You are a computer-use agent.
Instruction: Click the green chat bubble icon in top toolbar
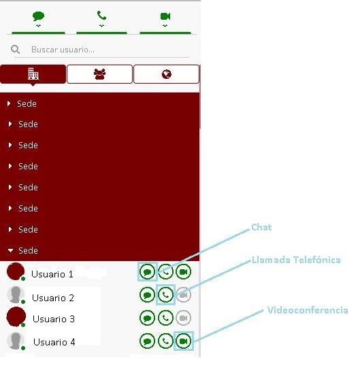tap(38, 16)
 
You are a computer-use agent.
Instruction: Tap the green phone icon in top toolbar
tap(101, 16)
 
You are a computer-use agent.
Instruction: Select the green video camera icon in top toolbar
tap(165, 16)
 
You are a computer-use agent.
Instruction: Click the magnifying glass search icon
tap(16, 50)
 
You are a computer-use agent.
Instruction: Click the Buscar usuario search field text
tap(63, 50)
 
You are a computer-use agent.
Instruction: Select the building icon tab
tap(33, 74)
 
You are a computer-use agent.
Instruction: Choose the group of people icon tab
tap(99, 74)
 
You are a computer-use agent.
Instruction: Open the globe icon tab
tap(166, 74)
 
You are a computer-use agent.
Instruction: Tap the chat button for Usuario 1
tap(147, 272)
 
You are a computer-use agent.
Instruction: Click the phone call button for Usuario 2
tap(165, 294)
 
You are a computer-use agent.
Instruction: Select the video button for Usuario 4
tap(184, 341)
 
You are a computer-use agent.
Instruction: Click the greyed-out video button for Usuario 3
tap(184, 318)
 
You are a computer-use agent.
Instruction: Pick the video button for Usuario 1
tap(184, 272)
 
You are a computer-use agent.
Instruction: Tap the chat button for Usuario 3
tap(147, 318)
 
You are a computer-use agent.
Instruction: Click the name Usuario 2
tap(53, 298)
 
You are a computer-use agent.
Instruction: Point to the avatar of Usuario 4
tap(16, 341)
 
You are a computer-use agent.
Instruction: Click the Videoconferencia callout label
tap(308, 310)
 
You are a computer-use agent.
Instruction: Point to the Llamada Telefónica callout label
tap(296, 260)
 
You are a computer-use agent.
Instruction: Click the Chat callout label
tap(261, 227)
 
